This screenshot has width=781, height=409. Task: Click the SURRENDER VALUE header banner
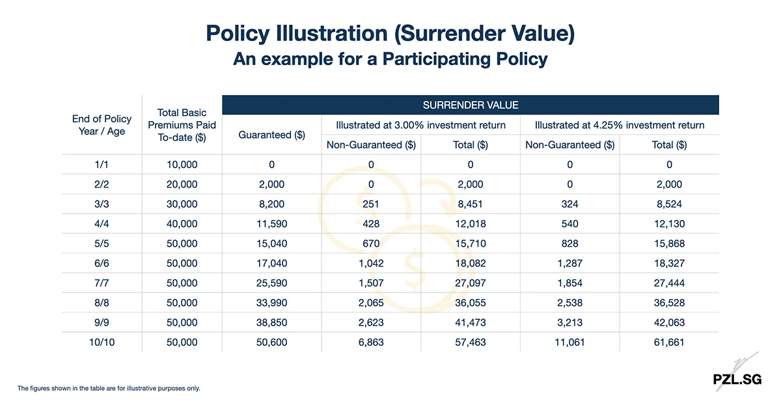point(471,105)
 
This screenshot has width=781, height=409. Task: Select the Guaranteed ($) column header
point(272,135)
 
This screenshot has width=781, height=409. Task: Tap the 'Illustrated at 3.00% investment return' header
point(420,125)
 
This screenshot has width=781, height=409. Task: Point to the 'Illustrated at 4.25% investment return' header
point(620,125)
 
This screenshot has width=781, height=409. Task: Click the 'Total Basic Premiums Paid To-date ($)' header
point(182,125)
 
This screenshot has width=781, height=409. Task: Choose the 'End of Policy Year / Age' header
point(102,125)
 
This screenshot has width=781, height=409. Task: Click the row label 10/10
point(102,342)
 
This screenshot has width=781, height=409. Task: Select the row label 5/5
point(102,244)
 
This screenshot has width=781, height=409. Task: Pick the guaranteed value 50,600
point(272,342)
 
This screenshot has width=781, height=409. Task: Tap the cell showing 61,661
point(668,342)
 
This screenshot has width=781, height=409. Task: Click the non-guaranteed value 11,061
point(569,342)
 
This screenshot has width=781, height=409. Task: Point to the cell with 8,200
point(272,204)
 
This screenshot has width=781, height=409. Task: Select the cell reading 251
point(372,204)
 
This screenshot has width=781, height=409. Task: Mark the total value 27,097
point(470,283)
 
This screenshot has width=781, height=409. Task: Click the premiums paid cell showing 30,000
point(182,204)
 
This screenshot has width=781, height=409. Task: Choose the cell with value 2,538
point(569,302)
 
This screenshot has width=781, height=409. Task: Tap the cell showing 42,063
point(668,322)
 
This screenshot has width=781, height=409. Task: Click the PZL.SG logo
point(736,378)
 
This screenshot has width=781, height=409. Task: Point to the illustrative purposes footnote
point(109,388)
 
